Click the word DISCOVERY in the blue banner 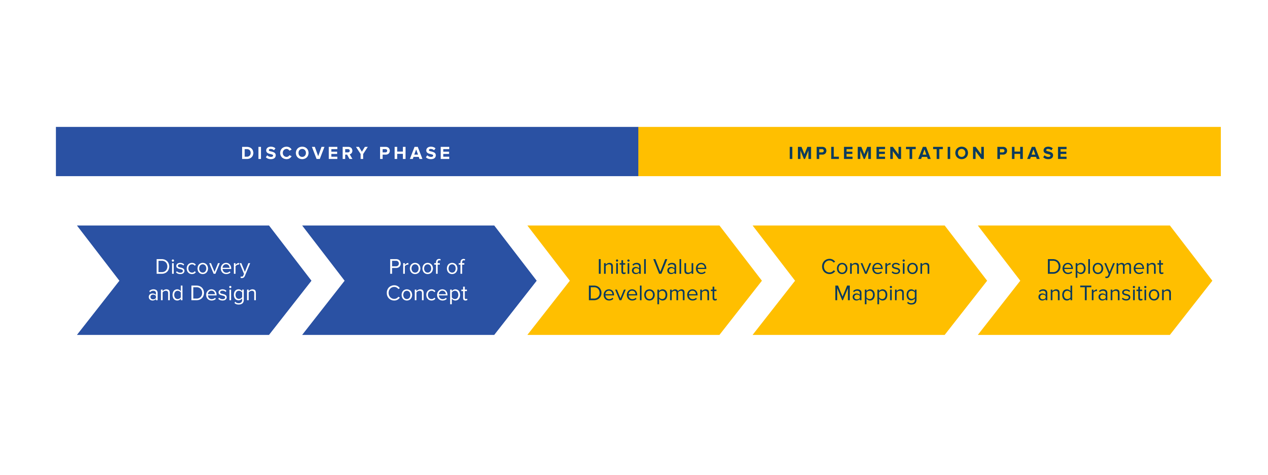[305, 153]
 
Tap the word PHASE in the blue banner [415, 153]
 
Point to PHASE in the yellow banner [1032, 153]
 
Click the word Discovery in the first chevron [202, 267]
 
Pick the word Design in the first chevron [224, 293]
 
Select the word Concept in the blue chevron [426, 294]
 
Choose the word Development [652, 294]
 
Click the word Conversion [876, 267]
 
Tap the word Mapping [876, 294]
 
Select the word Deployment [1104, 267]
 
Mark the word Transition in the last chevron [1126, 293]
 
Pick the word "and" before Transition [1055, 293]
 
